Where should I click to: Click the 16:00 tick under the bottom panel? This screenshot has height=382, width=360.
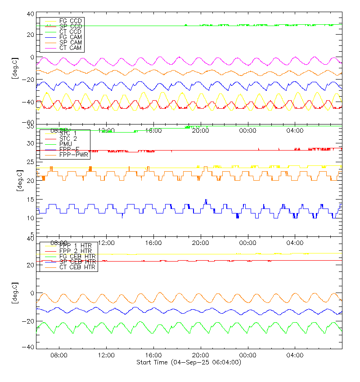(154, 355)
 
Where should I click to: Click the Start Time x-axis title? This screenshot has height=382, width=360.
(189, 362)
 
